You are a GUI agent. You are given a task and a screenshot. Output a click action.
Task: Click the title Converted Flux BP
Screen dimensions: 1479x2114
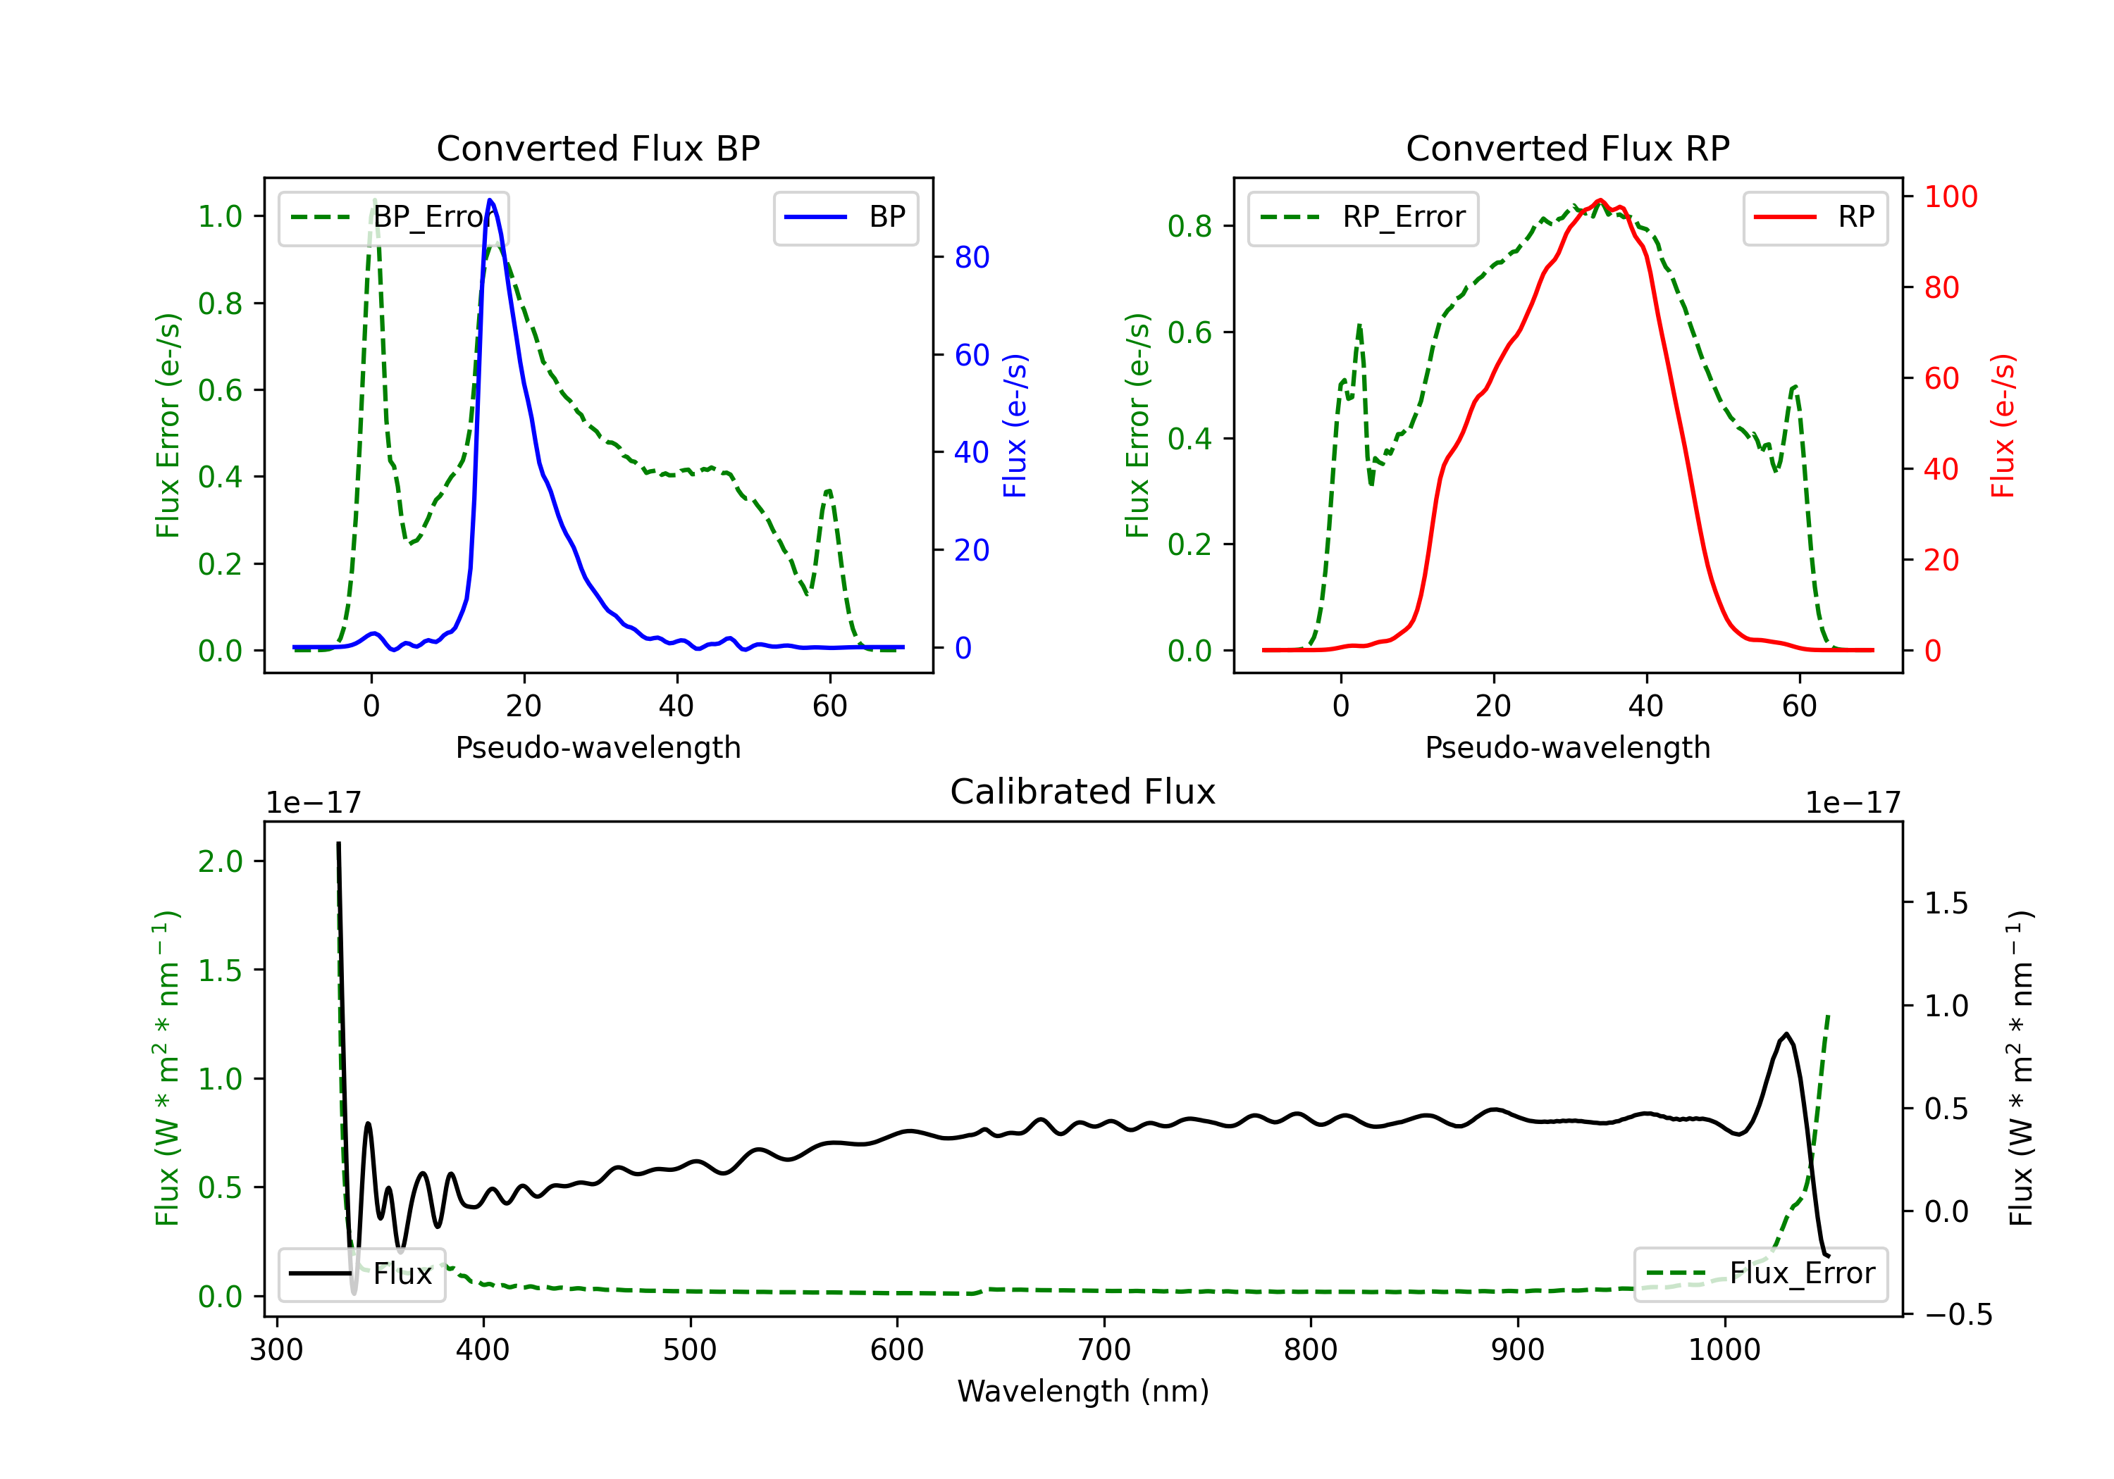click(598, 148)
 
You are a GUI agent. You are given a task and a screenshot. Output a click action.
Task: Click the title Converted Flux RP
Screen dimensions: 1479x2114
click(1567, 148)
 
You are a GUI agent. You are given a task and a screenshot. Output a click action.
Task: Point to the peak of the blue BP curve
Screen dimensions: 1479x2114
click(490, 200)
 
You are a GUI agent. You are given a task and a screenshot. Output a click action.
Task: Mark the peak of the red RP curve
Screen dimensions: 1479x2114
click(1600, 200)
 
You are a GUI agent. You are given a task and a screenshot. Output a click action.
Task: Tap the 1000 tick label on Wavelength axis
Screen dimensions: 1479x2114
click(1724, 1350)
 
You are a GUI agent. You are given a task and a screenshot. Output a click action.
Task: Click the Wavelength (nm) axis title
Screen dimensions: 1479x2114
click(1083, 1391)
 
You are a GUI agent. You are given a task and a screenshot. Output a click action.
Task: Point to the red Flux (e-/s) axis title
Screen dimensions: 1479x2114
click(2003, 425)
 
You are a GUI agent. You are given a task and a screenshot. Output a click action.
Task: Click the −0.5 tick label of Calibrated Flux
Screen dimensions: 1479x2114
click(1958, 1314)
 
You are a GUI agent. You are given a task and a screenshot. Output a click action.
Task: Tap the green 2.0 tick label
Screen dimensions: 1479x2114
click(220, 861)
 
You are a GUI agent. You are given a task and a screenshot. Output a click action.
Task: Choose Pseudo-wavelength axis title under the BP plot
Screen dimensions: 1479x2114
click(598, 747)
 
